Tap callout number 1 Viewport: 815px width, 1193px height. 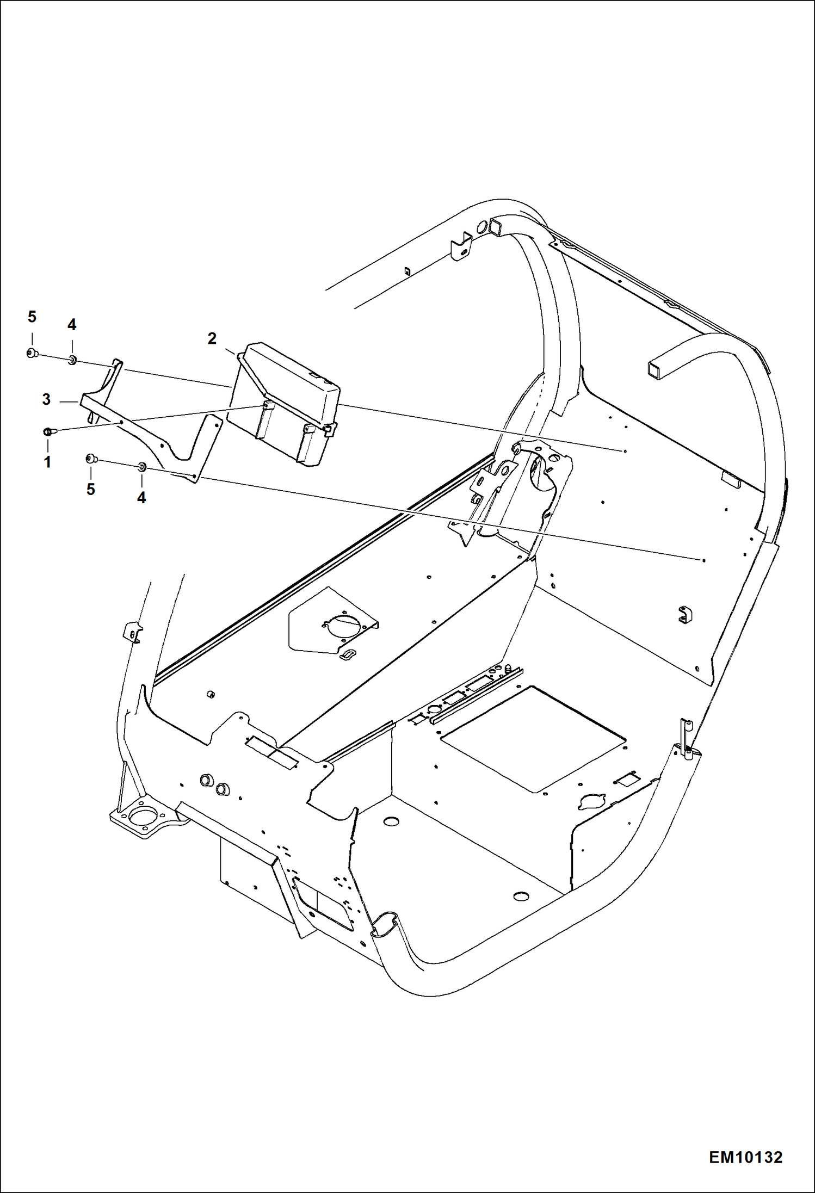click(x=47, y=462)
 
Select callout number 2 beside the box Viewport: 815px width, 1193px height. click(x=212, y=338)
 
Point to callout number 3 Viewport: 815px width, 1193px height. click(x=46, y=399)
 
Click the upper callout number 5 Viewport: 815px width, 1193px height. click(x=32, y=317)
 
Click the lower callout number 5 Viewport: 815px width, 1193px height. click(x=90, y=489)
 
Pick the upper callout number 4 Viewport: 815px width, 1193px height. click(x=72, y=325)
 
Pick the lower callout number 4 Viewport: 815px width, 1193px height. click(x=141, y=497)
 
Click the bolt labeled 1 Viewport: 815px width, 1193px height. click(x=48, y=432)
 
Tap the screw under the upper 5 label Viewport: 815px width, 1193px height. click(x=32, y=354)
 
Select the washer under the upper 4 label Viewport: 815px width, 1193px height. click(x=72, y=360)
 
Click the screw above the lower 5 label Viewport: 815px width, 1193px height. click(x=91, y=459)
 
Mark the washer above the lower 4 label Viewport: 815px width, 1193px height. click(x=142, y=466)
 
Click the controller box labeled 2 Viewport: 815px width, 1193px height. click(x=288, y=397)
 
